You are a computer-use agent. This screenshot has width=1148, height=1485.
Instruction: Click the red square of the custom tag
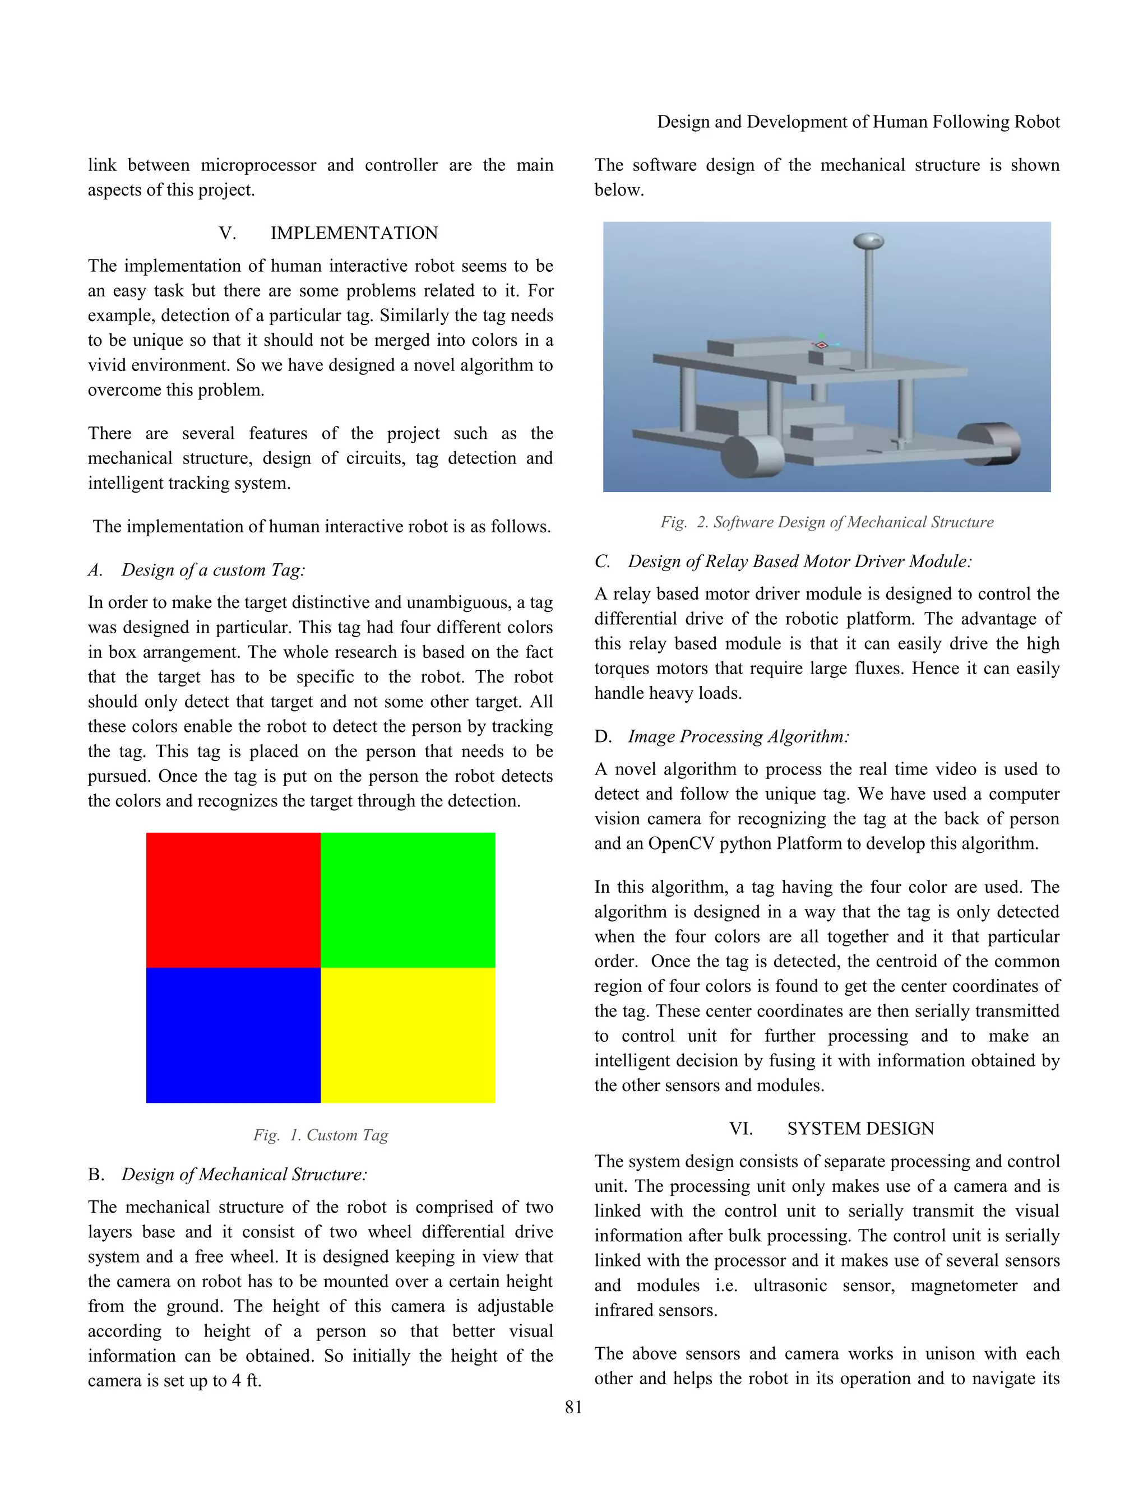pos(233,899)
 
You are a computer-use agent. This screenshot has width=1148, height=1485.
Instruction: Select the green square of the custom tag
pos(408,899)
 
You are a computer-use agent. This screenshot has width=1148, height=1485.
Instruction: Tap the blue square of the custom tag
pos(233,1035)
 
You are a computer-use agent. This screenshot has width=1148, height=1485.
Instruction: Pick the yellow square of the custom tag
pos(408,1035)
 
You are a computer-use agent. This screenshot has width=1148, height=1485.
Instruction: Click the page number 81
pos(573,1407)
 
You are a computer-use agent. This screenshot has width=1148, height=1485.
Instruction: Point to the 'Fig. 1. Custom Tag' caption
pos(320,1135)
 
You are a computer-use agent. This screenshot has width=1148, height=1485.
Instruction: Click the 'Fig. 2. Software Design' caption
pos(826,522)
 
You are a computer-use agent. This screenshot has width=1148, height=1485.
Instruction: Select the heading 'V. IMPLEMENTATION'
pos(328,233)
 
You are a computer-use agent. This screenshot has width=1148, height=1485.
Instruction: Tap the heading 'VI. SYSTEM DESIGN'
pos(832,1129)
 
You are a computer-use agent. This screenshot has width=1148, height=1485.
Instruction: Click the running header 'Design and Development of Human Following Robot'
pos(858,122)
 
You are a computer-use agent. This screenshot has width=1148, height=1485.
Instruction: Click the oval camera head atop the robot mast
pos(868,241)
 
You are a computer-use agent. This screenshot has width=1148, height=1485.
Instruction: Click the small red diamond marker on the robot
pos(821,345)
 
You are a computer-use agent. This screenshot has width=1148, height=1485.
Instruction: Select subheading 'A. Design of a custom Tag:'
pos(197,570)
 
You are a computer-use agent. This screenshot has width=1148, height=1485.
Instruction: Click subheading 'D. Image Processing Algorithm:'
pos(721,736)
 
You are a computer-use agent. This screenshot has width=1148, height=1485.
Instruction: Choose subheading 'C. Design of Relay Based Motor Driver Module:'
pos(783,561)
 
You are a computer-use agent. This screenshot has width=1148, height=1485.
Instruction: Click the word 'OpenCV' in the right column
pos(681,844)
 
